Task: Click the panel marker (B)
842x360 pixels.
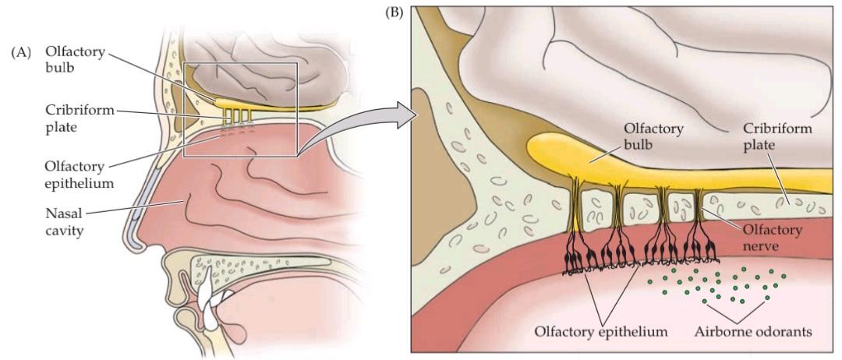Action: [x=399, y=12]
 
